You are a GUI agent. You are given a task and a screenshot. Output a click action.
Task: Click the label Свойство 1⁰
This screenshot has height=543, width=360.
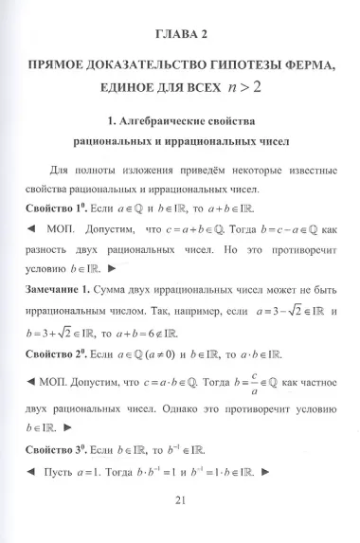(48, 208)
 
